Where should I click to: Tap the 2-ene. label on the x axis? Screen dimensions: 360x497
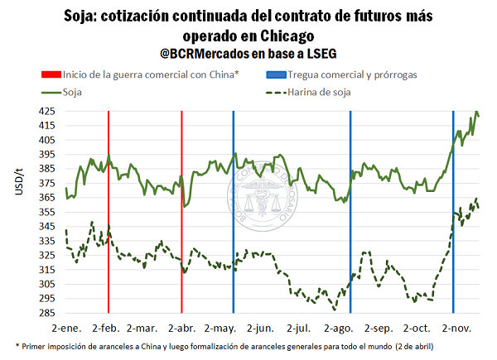pos(67,329)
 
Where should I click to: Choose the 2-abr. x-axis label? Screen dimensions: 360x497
pos(181,329)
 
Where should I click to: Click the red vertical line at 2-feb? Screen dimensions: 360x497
pos(109,207)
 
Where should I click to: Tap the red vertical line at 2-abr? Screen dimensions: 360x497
pos(181,207)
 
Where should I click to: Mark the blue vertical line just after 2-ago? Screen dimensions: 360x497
pos(350,207)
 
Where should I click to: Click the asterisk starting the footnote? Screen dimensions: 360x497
pos(17,345)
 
